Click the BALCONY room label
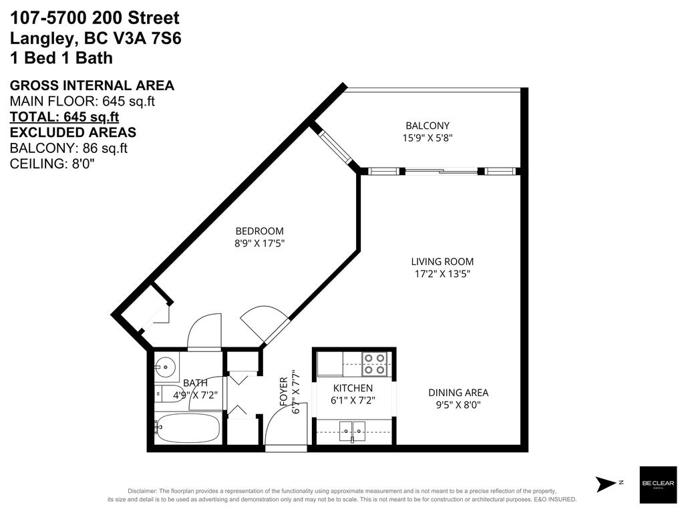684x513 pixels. (x=427, y=126)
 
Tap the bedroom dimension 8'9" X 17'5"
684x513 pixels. (x=259, y=244)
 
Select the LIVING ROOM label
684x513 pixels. (x=442, y=262)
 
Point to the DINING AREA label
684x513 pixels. (x=458, y=393)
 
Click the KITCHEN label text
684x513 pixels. (x=353, y=388)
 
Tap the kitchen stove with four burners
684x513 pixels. (x=375, y=363)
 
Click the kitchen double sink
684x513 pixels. (x=352, y=432)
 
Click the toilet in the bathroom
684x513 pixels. (x=166, y=393)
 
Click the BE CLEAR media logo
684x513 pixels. (x=653, y=483)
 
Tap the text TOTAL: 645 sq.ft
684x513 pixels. (x=64, y=116)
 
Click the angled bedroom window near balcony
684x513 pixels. (x=335, y=147)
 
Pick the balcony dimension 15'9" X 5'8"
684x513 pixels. (x=427, y=138)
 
